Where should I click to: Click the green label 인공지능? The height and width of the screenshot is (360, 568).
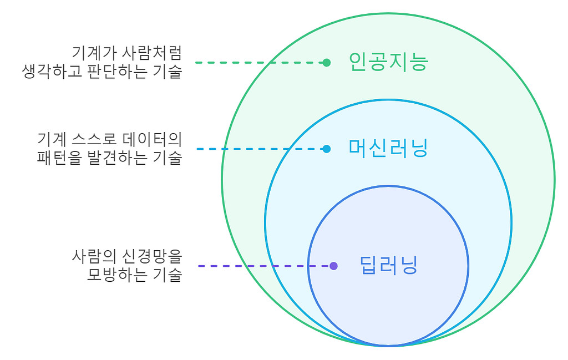click(388, 62)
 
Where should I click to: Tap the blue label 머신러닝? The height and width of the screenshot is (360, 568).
click(388, 148)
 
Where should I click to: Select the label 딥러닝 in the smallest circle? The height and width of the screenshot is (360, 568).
click(388, 265)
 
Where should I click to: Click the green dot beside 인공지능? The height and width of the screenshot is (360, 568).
click(327, 63)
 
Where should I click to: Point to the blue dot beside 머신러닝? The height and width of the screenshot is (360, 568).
click(327, 149)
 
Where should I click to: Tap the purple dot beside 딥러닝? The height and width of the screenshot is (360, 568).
click(333, 266)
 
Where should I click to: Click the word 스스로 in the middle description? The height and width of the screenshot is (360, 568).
click(92, 139)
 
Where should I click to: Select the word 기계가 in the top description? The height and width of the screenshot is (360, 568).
click(89, 53)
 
